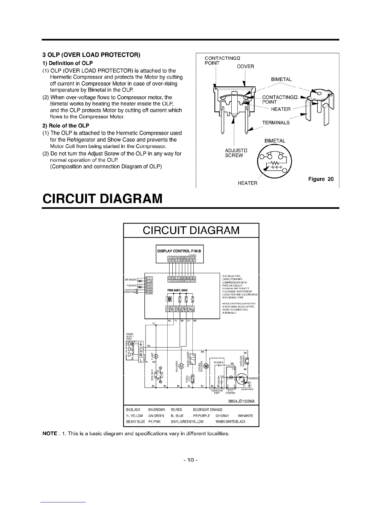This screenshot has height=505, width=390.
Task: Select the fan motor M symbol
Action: click(181, 366)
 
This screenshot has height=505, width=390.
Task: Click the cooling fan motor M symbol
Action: click(206, 366)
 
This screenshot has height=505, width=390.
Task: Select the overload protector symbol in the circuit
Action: click(247, 361)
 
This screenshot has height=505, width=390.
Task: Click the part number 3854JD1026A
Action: click(241, 401)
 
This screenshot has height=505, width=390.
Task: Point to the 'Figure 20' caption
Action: click(321, 179)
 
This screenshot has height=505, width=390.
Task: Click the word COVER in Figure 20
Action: click(245, 66)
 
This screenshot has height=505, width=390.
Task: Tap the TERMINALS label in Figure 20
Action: click(276, 122)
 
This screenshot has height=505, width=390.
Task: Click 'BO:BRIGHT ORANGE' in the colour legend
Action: click(208, 410)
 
